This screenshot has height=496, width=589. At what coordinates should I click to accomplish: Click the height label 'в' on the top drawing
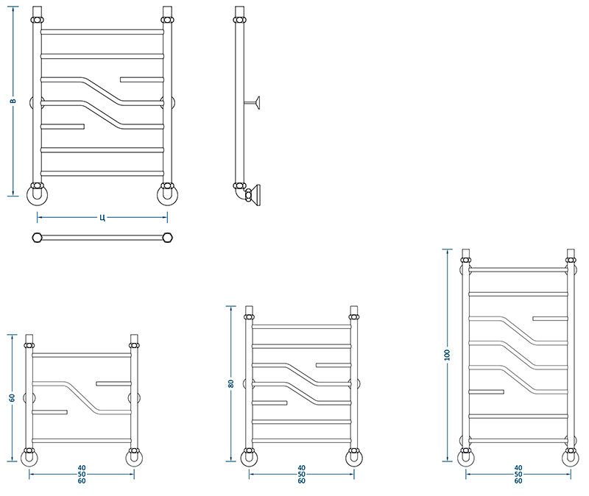pos(13,101)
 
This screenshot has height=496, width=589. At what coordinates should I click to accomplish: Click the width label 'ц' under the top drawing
pos(102,217)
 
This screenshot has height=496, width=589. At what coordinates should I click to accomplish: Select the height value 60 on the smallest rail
pos(13,397)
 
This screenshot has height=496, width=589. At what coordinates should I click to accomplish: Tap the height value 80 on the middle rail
pos(230,383)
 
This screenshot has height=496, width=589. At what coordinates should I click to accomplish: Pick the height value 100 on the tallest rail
pos(447,355)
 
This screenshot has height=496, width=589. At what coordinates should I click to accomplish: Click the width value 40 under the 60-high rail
pos(82,468)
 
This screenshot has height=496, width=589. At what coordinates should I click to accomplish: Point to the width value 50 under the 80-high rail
pos(301,474)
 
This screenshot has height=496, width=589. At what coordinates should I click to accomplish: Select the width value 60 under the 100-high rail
pos(518,481)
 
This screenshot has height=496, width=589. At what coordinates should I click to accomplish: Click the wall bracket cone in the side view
pos(256,102)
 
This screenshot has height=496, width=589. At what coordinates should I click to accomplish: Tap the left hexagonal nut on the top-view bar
pos(37,238)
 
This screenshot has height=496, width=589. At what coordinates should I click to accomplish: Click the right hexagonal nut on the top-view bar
pos(168,238)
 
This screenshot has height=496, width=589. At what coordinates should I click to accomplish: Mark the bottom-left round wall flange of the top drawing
pos(37,195)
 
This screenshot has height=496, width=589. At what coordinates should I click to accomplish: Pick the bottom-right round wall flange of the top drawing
pos(168,195)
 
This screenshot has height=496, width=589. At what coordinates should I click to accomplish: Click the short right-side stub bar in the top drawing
pos(142,79)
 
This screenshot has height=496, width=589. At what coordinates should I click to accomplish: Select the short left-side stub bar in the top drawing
pos(63,127)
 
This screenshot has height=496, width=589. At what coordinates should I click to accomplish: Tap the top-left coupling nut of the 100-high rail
pos(466,260)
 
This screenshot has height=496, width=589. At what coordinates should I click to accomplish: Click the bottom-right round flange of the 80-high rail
pos(354,458)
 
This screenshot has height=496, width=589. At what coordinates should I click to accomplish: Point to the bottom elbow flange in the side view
pos(256,195)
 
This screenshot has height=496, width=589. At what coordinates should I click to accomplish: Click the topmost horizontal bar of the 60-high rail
pos(82,355)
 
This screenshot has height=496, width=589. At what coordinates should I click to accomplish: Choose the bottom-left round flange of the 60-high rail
pos(29,458)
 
